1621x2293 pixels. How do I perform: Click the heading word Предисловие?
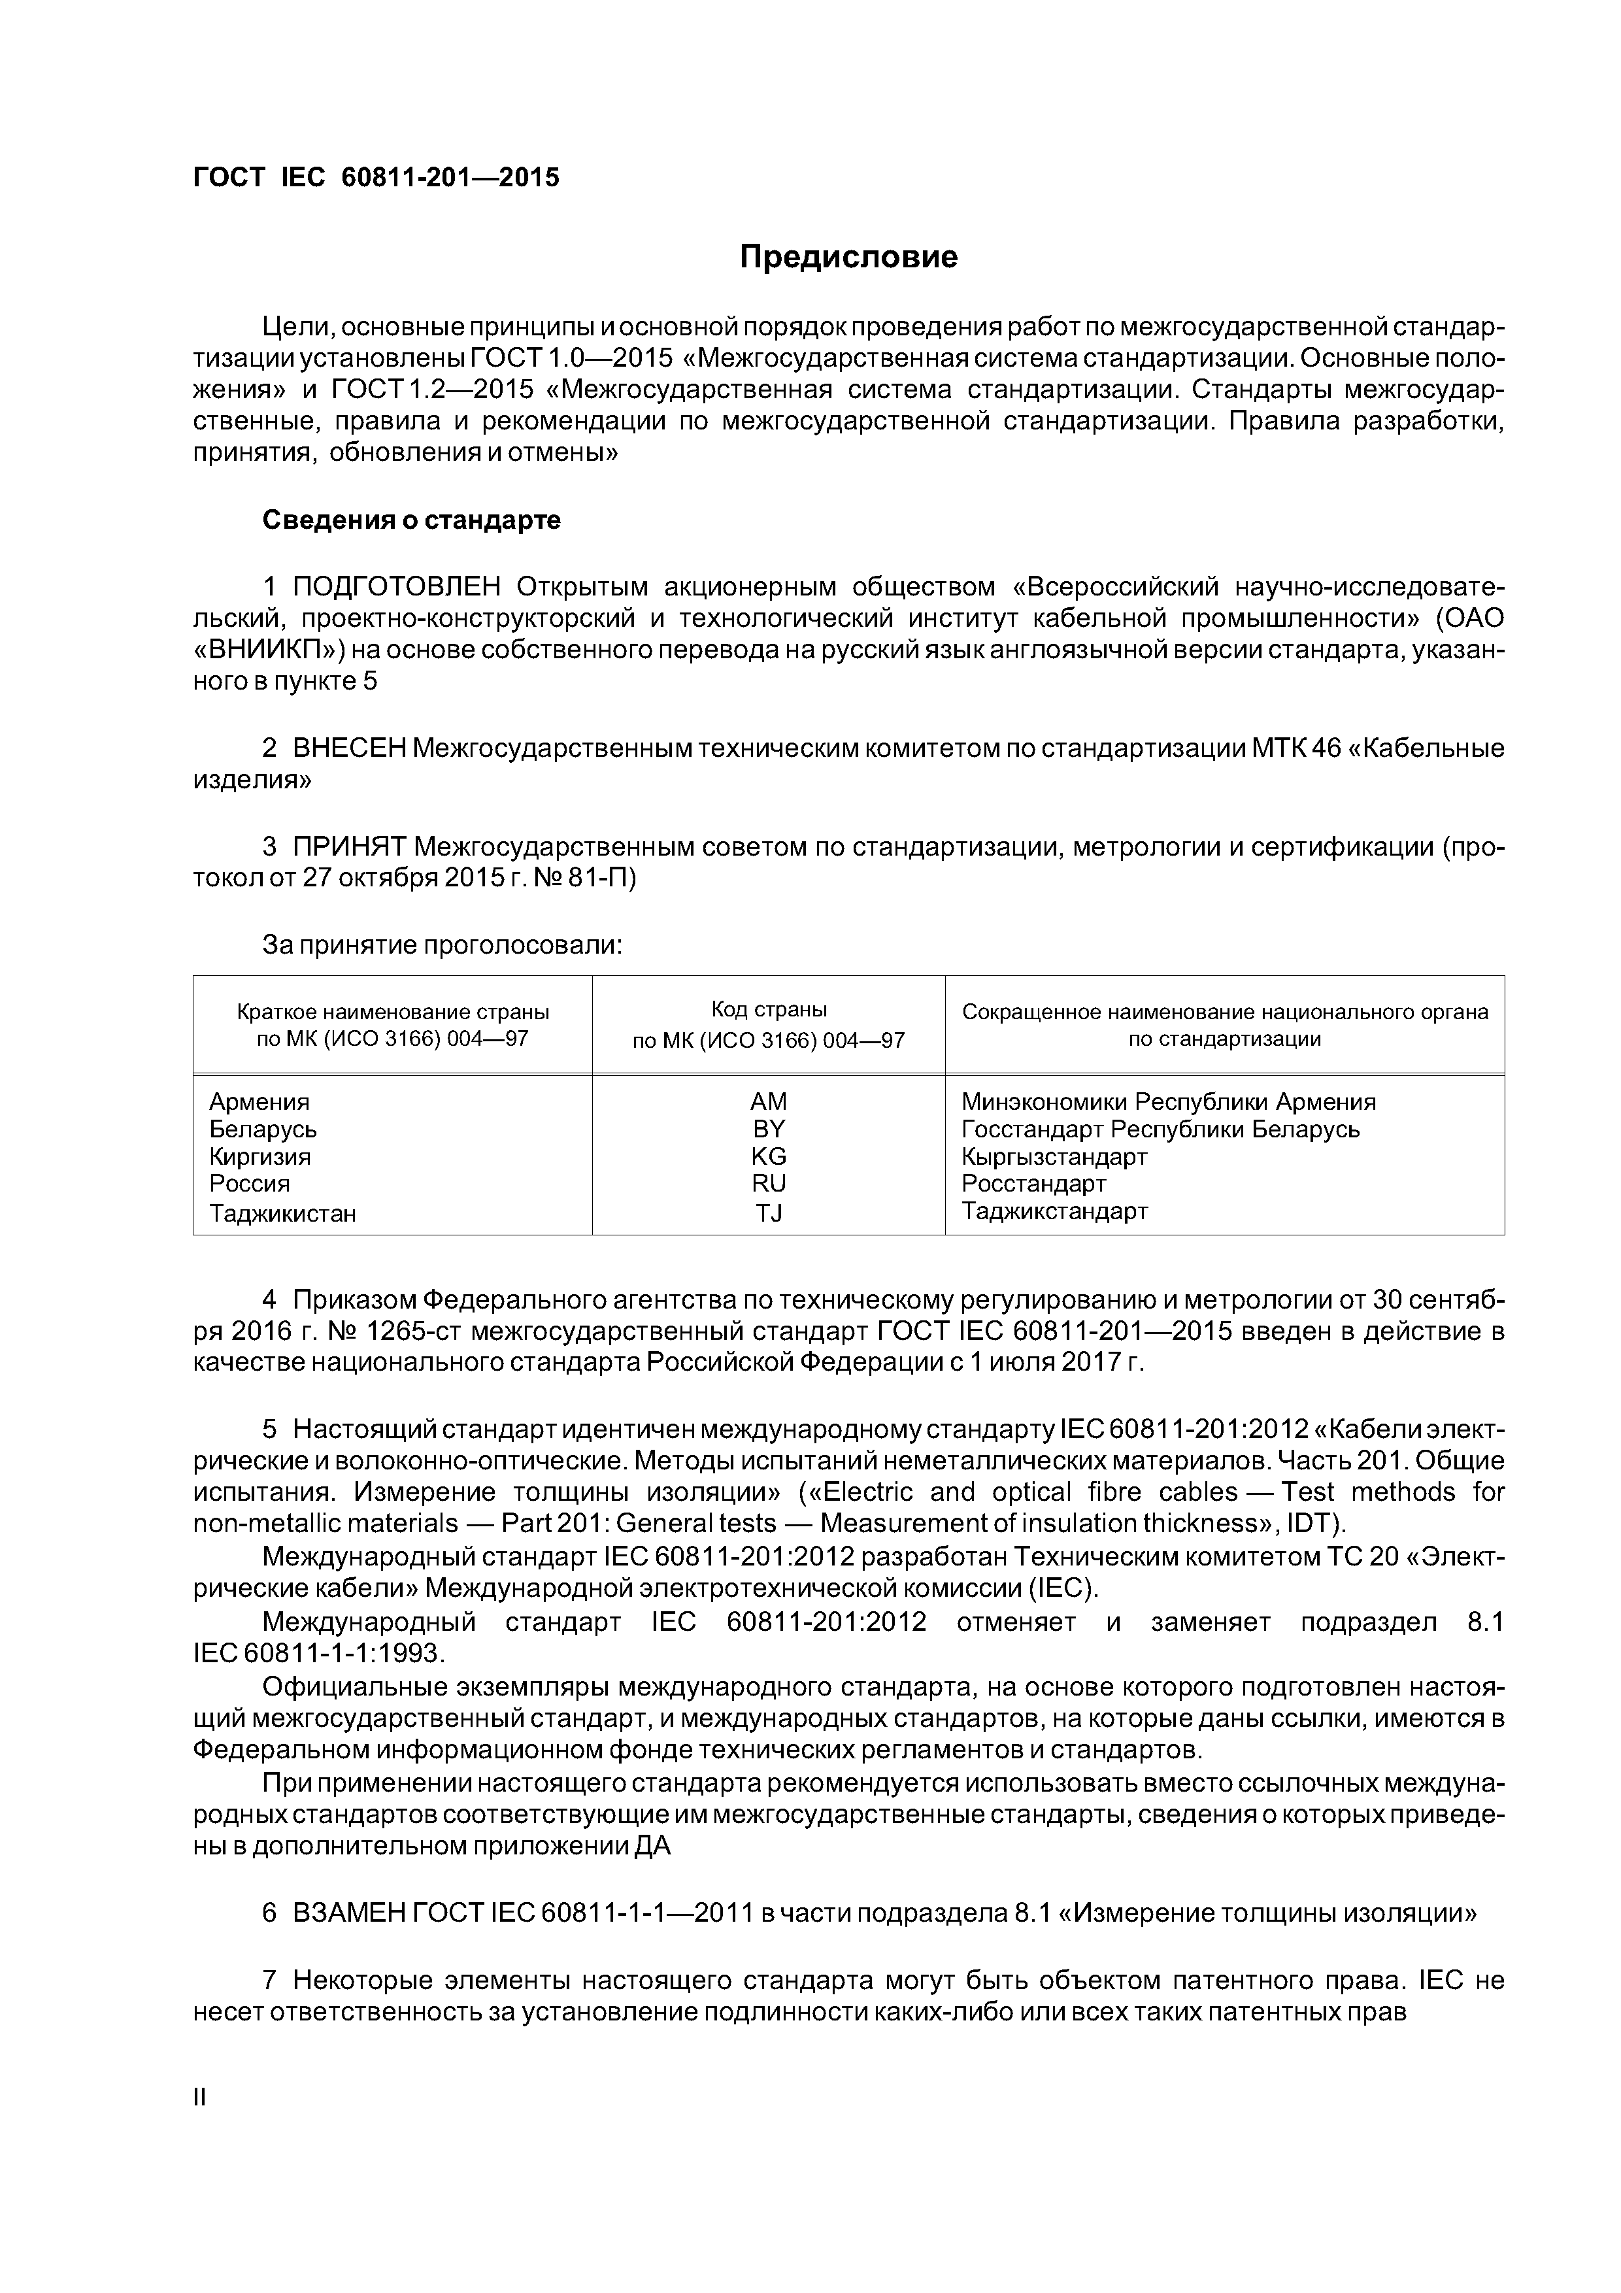pos(848,258)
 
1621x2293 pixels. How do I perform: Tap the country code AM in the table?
pos(768,1101)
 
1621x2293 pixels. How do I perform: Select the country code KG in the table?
pos(768,1156)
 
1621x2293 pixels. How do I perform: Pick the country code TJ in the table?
pos(768,1213)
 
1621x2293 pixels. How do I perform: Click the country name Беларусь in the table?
pos(263,1130)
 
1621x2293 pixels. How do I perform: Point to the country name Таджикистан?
pos(282,1213)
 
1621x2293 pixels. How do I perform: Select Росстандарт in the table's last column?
pos(1034,1184)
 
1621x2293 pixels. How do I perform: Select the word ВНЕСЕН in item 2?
pos(348,748)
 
